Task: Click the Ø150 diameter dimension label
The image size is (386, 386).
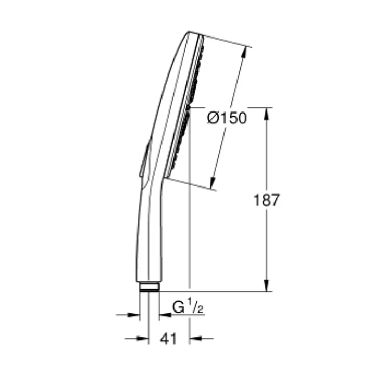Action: [227, 118]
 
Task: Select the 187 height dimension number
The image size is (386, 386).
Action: [267, 200]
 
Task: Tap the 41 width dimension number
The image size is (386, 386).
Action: [169, 339]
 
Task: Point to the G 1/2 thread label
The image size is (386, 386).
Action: [188, 306]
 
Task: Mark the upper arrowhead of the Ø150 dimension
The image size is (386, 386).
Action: [244, 52]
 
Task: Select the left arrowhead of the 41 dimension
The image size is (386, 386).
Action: [143, 339]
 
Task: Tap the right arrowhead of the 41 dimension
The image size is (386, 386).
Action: [195, 339]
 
